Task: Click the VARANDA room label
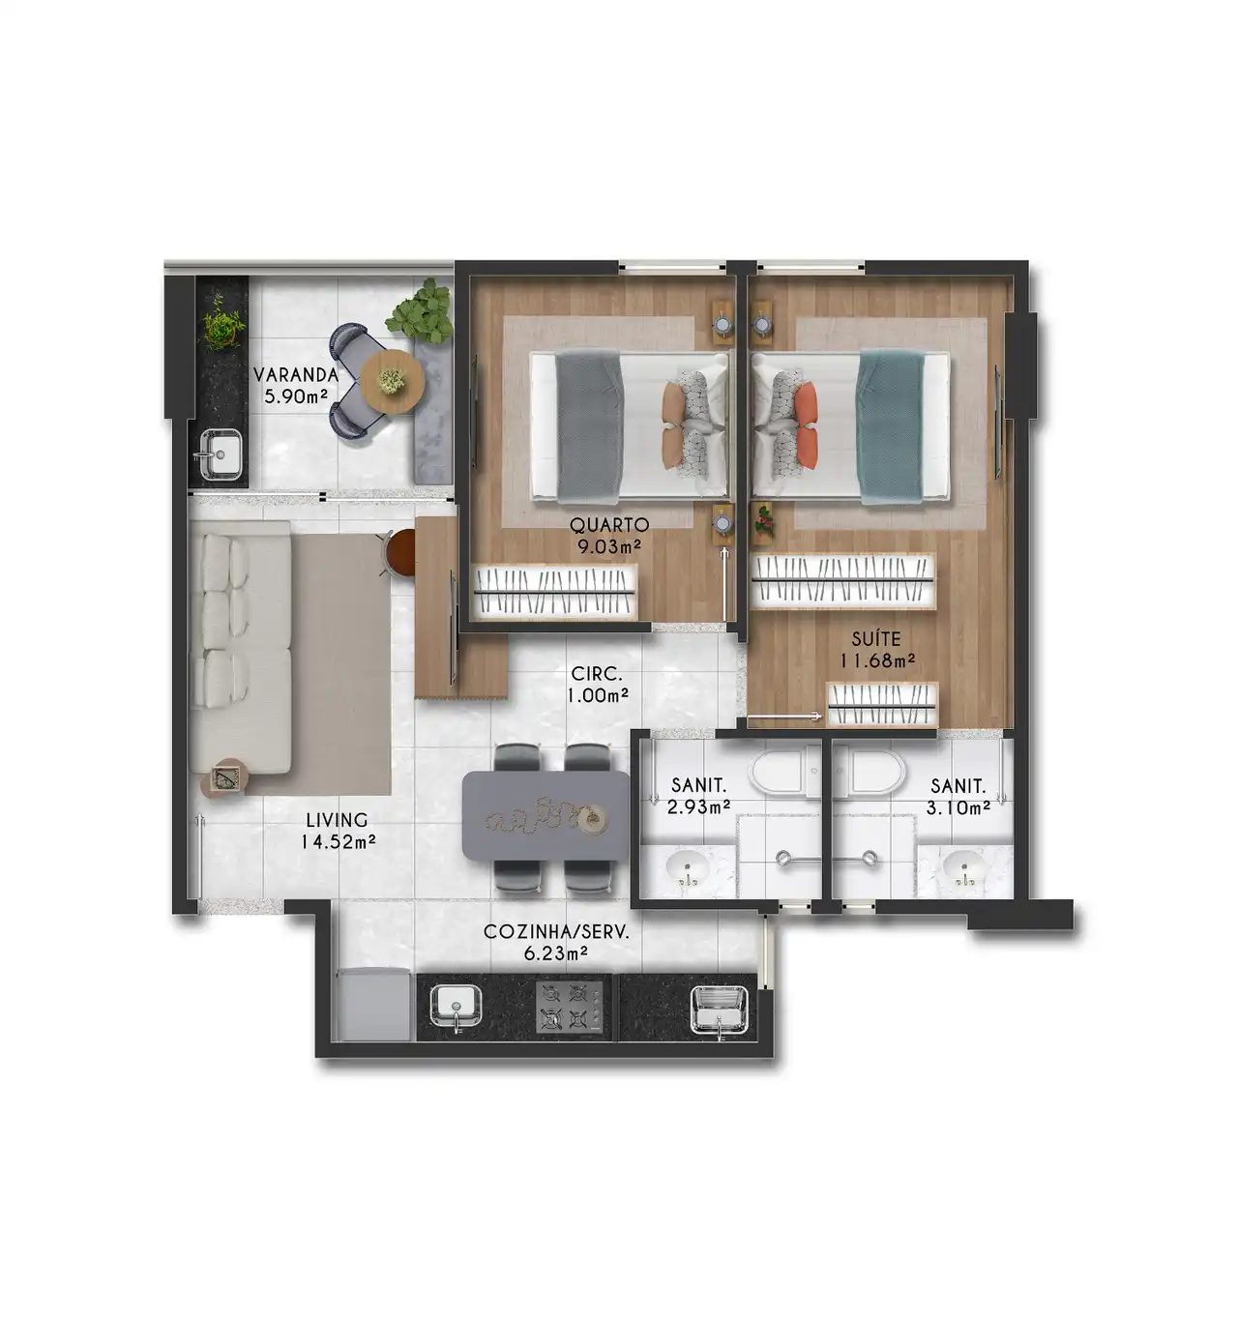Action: [x=295, y=375]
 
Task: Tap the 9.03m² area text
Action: [x=608, y=547]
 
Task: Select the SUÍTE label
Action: [x=876, y=639]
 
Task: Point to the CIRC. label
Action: [x=597, y=674]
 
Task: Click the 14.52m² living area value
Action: [x=338, y=841]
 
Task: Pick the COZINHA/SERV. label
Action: [x=556, y=932]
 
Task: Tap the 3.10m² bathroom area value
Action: [x=958, y=807]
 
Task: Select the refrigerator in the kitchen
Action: [x=373, y=1005]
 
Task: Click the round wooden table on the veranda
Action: [x=393, y=382]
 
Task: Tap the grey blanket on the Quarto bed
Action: [x=589, y=428]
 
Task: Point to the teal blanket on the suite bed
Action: [x=890, y=428]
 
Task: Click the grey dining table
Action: [x=545, y=815]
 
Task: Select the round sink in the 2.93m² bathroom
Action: [x=687, y=867]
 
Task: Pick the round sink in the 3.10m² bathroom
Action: [x=964, y=867]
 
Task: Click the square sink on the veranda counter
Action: [x=221, y=454]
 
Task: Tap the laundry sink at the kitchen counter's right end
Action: [x=719, y=1010]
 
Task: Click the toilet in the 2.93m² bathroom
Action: [x=784, y=771]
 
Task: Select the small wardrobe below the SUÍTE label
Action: [x=881, y=704]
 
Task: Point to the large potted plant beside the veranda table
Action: [x=421, y=313]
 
